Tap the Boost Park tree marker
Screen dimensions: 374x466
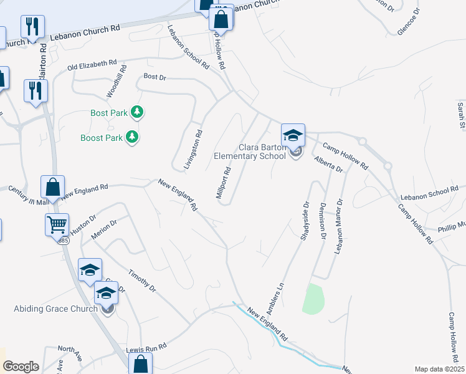tap(131, 137)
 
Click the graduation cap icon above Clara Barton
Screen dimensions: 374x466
tap(292, 135)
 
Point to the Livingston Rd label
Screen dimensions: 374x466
tap(194, 150)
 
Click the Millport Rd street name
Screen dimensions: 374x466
tap(224, 183)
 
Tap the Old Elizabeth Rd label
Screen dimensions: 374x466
tap(92, 64)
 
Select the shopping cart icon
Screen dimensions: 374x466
tap(57, 224)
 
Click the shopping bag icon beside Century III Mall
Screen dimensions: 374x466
tap(52, 187)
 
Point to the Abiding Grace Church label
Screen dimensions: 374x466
tap(55, 309)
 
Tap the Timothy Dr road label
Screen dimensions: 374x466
tap(141, 280)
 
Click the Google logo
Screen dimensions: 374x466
tap(21, 367)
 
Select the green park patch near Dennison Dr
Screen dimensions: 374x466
tap(313, 298)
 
